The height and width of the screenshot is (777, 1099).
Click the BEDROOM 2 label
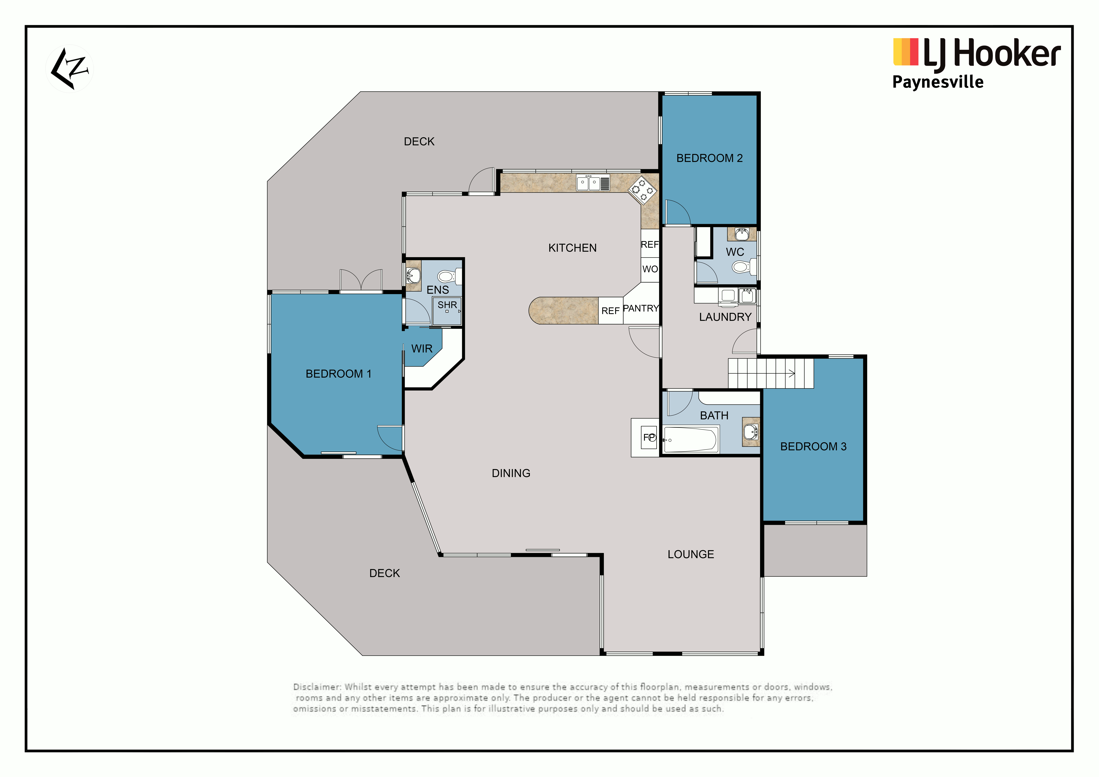pos(709,158)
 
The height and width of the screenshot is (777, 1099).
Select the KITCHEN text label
pos(573,248)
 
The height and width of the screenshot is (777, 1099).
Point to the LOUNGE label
pos(691,555)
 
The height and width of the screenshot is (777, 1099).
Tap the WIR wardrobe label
pos(422,349)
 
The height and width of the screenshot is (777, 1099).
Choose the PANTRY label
pos(641,309)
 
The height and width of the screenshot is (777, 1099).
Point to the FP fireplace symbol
pos(649,437)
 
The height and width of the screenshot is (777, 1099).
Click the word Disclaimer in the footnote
pos(317,687)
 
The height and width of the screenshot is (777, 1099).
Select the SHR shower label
pos(447,305)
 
